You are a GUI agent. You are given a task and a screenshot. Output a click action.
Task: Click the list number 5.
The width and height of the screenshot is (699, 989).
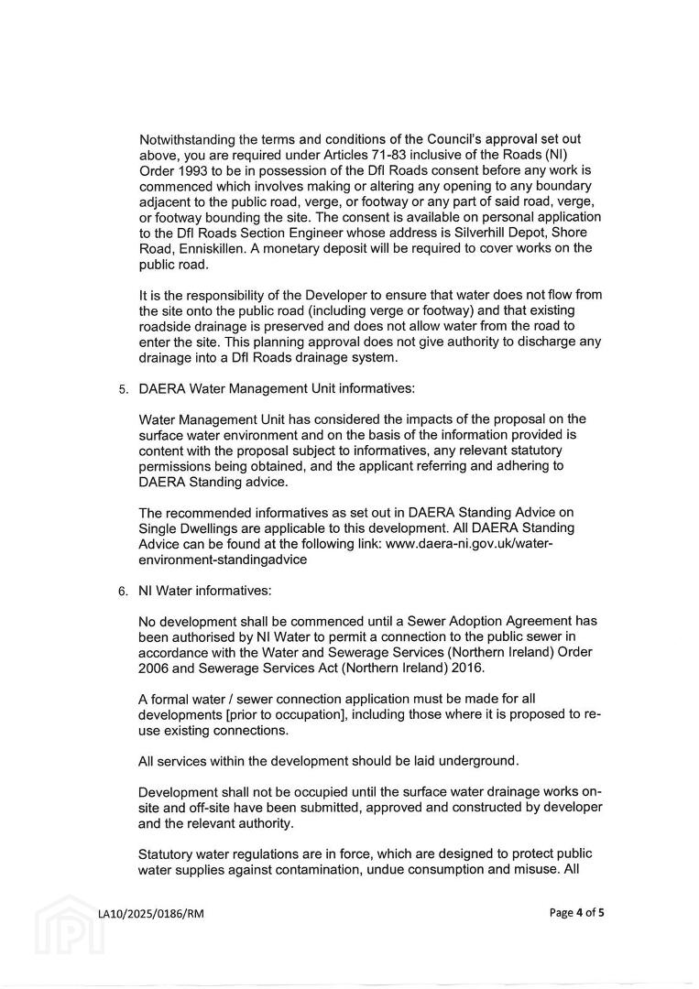pos(123,388)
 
